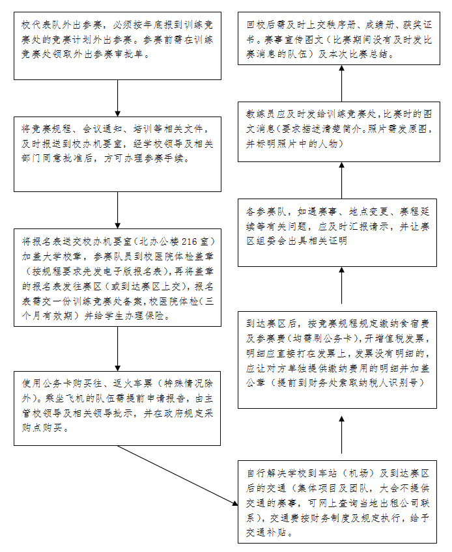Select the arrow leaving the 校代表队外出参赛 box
(x=117, y=98)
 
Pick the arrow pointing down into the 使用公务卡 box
(x=117, y=354)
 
